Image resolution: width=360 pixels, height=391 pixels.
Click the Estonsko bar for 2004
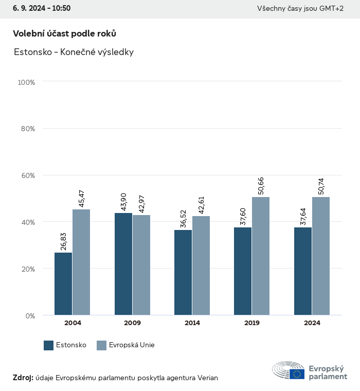click(x=63, y=283)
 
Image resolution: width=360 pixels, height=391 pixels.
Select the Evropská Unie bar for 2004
click(x=81, y=262)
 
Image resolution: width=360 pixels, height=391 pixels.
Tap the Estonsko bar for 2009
click(x=123, y=264)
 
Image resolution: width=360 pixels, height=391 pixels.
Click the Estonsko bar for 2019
click(x=243, y=271)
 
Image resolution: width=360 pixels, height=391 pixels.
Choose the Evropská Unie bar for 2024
click(x=321, y=256)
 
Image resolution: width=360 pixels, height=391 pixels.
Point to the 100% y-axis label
click(x=26, y=82)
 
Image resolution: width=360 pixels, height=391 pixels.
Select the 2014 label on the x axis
click(x=192, y=323)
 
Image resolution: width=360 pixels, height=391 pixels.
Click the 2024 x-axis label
click(x=312, y=323)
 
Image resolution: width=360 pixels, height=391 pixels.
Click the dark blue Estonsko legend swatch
click(x=49, y=345)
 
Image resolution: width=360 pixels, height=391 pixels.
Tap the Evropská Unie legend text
click(x=132, y=345)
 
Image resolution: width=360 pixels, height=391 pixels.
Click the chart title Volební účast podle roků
click(x=64, y=33)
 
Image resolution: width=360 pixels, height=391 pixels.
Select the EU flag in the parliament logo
click(x=297, y=374)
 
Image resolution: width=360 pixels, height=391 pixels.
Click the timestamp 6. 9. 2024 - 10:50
click(x=42, y=9)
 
